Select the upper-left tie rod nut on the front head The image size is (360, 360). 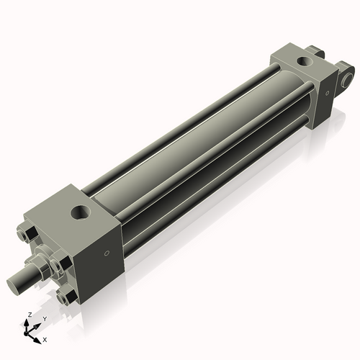pos(24,235)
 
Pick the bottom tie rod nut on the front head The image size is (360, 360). pos(66,295)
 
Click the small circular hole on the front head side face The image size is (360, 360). pos(107,253)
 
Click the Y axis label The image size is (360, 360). pos(44,318)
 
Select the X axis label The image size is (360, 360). pos(45,338)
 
